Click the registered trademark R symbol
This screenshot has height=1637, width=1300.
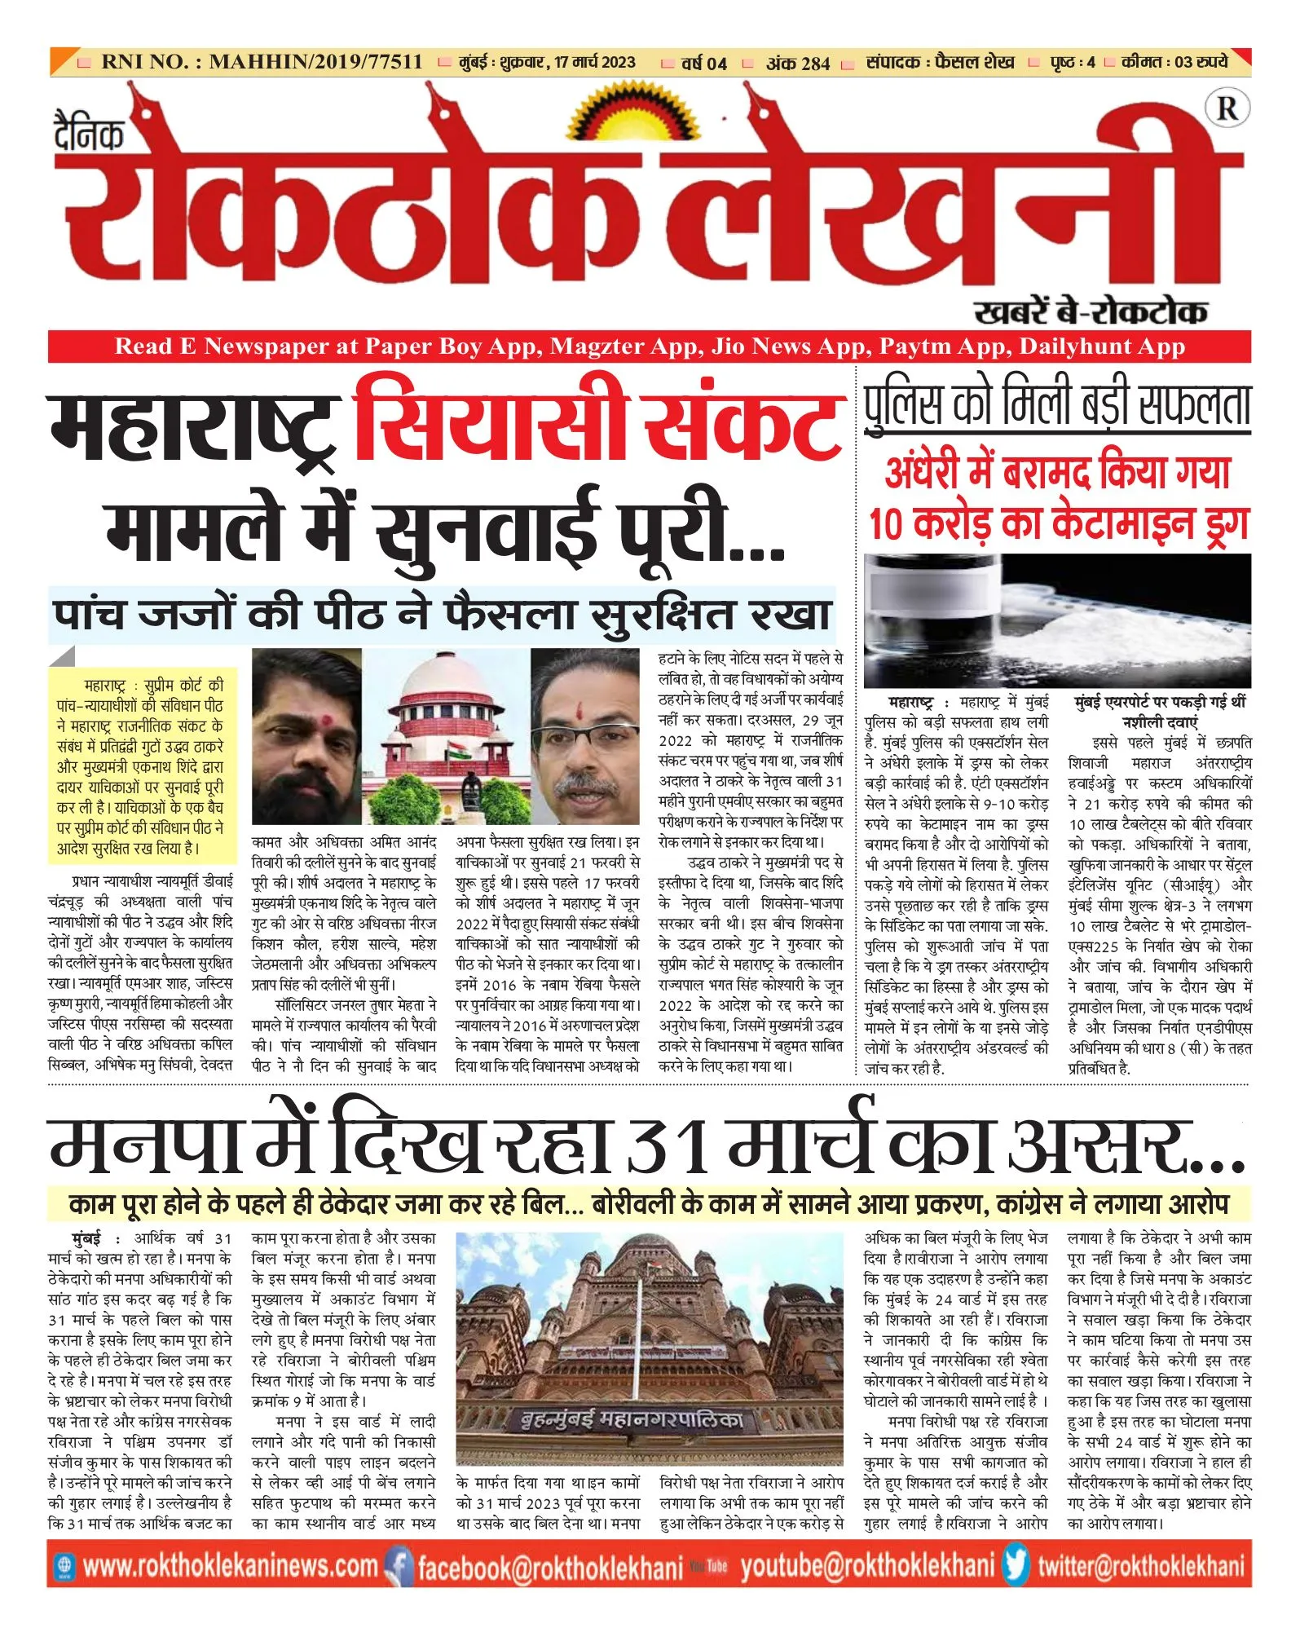click(1227, 108)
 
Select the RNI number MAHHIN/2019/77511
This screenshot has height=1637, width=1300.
click(315, 62)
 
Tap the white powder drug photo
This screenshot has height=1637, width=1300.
click(1057, 620)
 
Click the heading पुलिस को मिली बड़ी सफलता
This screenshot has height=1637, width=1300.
click(1057, 404)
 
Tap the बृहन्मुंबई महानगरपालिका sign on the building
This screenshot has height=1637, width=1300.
click(632, 1420)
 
